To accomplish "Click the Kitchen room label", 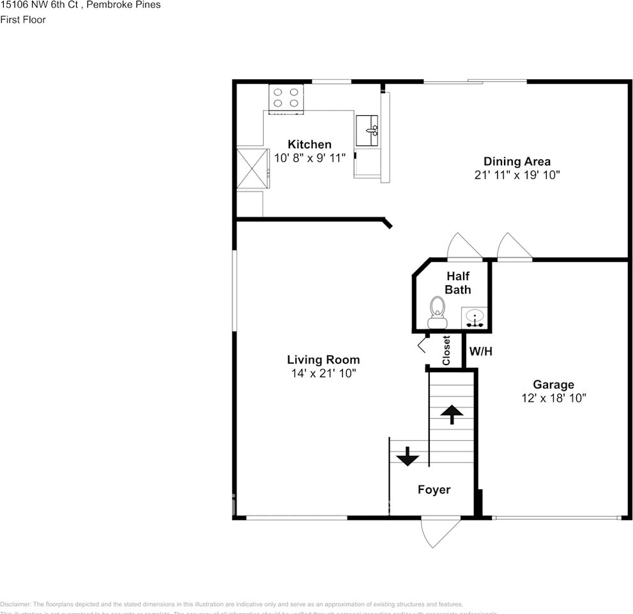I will pyautogui.click(x=309, y=145).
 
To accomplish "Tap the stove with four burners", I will pyautogui.click(x=286, y=98).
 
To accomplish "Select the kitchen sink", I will pyautogui.click(x=367, y=130).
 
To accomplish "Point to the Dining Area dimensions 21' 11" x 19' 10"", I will pyautogui.click(x=517, y=175).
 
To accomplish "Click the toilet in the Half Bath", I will pyautogui.click(x=438, y=307).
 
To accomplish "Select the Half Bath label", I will pyautogui.click(x=458, y=283).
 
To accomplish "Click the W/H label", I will pyautogui.click(x=481, y=351).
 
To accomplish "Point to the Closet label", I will pyautogui.click(x=446, y=350).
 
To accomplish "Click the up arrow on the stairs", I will pyautogui.click(x=452, y=414).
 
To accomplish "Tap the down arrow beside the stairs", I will pyautogui.click(x=407, y=457).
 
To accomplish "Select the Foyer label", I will pyautogui.click(x=434, y=490).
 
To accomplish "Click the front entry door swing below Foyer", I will pyautogui.click(x=439, y=532).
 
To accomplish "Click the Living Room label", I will pyautogui.click(x=323, y=359).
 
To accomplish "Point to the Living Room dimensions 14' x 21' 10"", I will pyautogui.click(x=323, y=373).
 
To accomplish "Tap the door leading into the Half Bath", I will pyautogui.click(x=464, y=248).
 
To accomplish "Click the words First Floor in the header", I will pyautogui.click(x=23, y=19).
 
